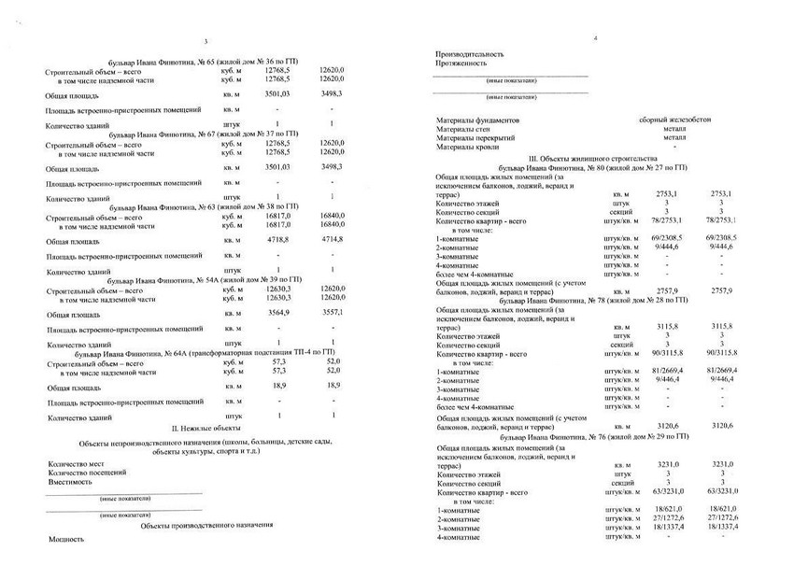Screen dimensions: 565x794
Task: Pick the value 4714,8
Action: tap(332, 240)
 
